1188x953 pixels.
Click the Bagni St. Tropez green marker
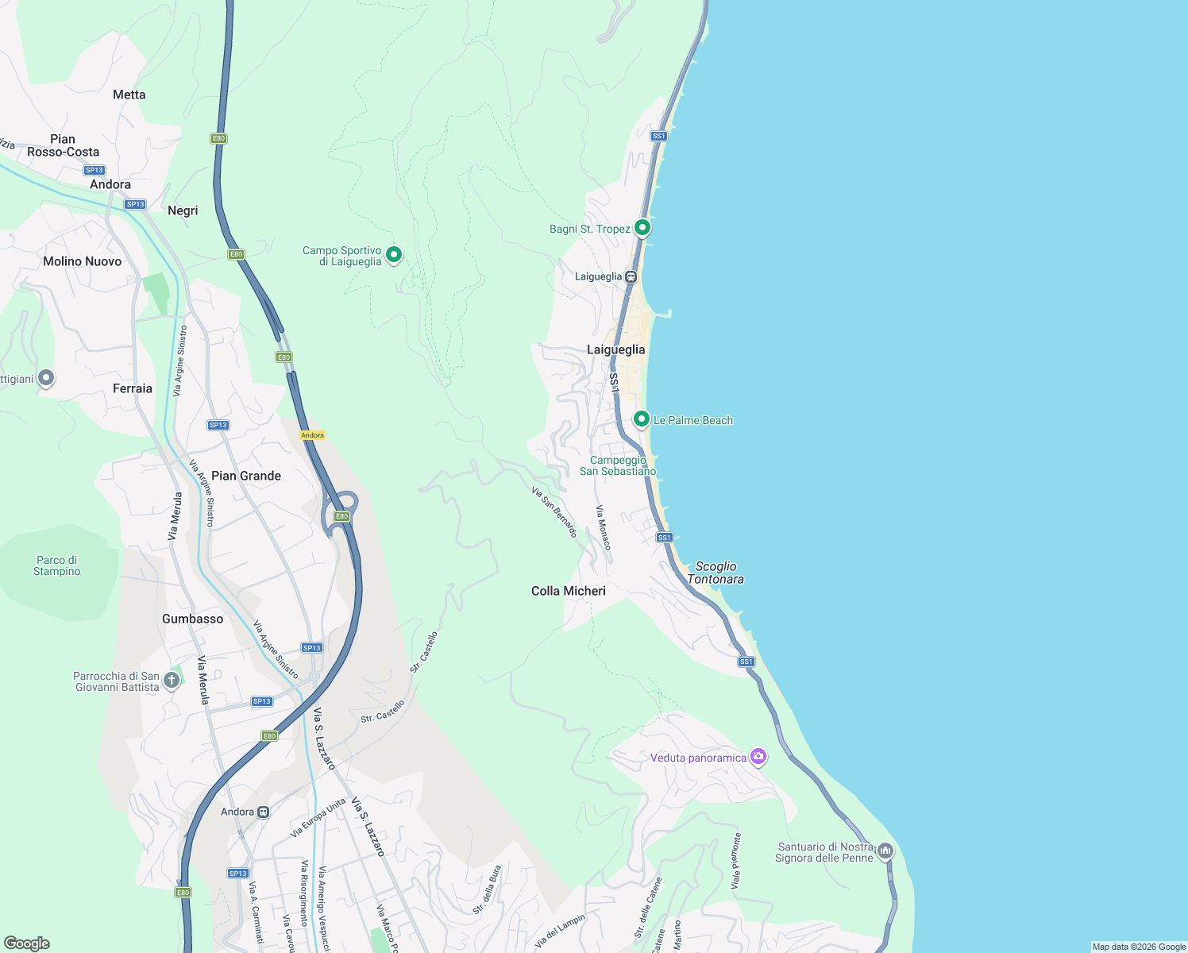click(x=642, y=228)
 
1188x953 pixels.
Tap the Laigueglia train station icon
click(x=631, y=277)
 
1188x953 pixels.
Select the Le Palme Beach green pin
click(x=642, y=419)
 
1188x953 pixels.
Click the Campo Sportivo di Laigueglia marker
click(x=393, y=255)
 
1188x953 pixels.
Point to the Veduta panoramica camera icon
click(x=758, y=756)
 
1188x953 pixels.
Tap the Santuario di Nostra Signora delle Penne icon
click(x=885, y=851)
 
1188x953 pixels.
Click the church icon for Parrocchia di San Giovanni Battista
click(x=171, y=681)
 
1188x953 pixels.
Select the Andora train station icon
click(x=263, y=812)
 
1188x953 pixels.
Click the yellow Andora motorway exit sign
click(x=312, y=435)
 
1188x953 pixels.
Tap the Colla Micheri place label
click(x=568, y=591)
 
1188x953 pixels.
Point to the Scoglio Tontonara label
click(x=715, y=573)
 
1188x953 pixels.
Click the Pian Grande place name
click(x=246, y=476)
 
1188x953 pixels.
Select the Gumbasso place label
click(x=192, y=619)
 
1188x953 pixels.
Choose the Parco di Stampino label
click(x=57, y=565)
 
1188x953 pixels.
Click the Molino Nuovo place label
click(x=83, y=261)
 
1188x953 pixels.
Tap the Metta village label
click(x=129, y=95)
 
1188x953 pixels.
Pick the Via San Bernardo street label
click(x=554, y=512)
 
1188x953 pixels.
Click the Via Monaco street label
click(x=604, y=528)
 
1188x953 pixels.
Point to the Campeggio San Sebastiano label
click(x=618, y=465)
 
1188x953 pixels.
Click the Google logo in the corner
click(x=27, y=943)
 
